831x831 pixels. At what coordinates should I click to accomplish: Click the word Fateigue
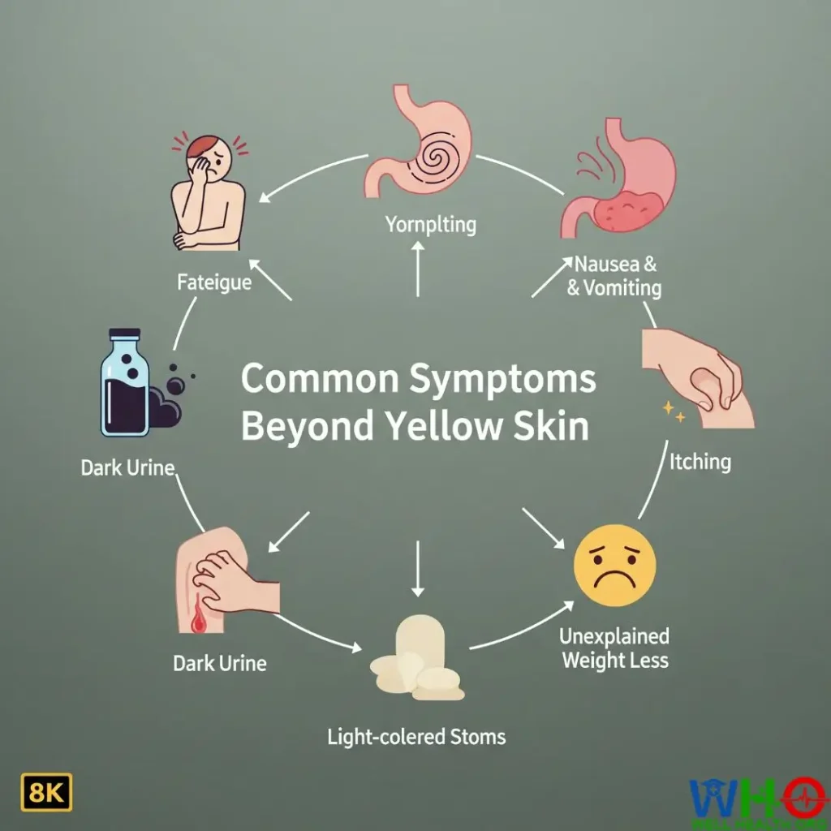pos(213,283)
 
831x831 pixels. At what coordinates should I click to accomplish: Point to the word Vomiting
pos(623,287)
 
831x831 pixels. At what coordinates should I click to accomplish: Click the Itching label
pos(700,462)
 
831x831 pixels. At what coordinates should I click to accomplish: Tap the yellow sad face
pos(614,565)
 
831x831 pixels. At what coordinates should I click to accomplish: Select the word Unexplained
pos(614,635)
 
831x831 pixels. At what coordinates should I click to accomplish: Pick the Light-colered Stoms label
pos(416,737)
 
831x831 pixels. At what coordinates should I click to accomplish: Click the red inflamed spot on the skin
pos(197,619)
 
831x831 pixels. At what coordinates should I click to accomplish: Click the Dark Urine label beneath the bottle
pos(128,468)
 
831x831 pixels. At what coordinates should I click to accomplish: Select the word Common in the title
pos(316,380)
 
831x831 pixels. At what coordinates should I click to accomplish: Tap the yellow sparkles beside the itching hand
pos(674,412)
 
